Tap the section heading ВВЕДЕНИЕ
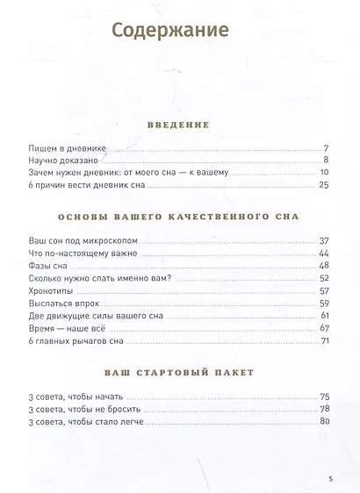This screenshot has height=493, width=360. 179,125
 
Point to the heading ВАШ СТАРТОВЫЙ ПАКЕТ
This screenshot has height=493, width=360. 179,372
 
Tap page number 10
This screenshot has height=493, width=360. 323,173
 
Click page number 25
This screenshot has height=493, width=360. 323,186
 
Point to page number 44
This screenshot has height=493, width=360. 323,253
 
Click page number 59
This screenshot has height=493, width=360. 323,303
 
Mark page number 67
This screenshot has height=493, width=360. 323,327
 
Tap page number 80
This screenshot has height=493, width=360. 323,421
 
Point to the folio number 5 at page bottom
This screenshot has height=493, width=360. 330,479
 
